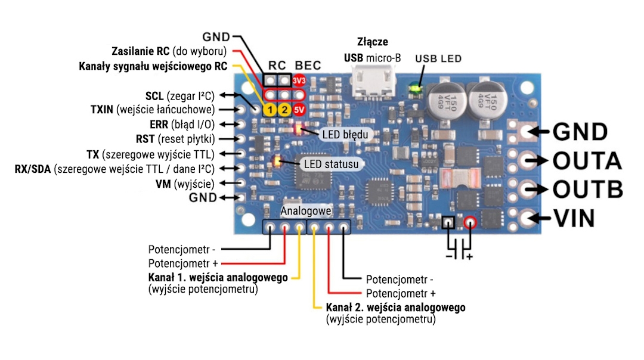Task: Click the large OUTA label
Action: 587,160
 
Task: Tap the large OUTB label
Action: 588,189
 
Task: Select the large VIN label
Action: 575,218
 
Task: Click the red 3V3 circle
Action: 299,80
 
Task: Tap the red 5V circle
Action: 299,110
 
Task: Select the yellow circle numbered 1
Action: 270,110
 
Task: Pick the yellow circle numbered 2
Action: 284,110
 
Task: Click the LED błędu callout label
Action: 345,134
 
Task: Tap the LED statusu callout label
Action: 331,164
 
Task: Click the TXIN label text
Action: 102,110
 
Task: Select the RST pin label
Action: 145,139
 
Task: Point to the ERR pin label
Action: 159,125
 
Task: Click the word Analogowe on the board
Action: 305,211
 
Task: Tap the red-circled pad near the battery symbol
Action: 470,222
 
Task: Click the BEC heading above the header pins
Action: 308,66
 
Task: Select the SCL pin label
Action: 154,96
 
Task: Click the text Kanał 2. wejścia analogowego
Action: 395,308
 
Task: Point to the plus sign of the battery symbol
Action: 469,257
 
